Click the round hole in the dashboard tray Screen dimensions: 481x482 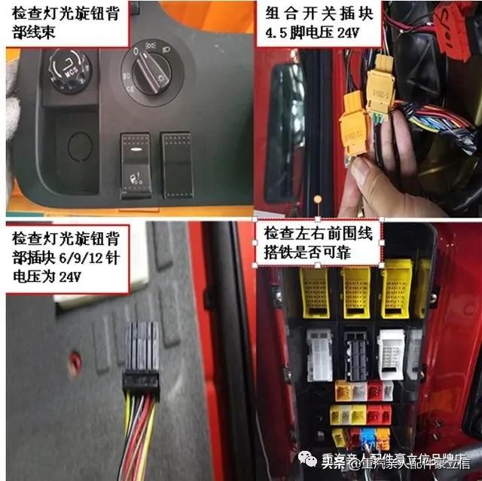(80, 146)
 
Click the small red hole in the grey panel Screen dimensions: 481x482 (74, 363)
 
